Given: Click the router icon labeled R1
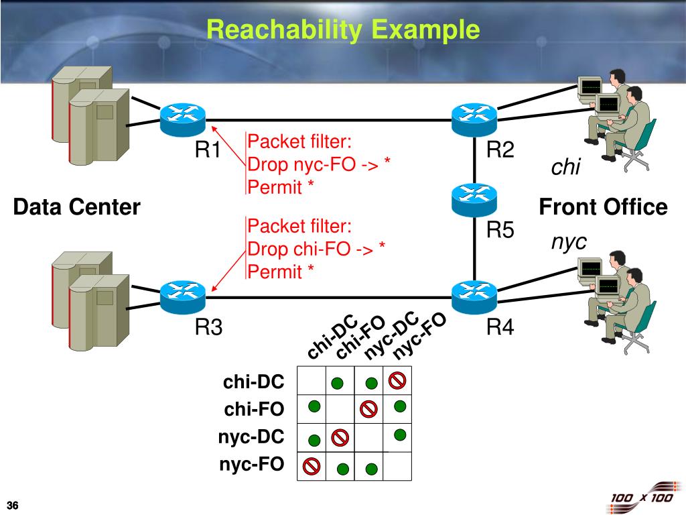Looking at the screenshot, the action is pyautogui.click(x=182, y=120).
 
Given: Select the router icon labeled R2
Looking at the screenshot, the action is pyautogui.click(x=474, y=120).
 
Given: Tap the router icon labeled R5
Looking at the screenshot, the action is pyautogui.click(x=474, y=200).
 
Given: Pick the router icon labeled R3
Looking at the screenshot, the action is pyautogui.click(x=182, y=297).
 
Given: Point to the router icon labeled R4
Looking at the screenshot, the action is pyautogui.click(x=474, y=297).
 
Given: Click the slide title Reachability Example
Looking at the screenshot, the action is pyautogui.click(x=343, y=30).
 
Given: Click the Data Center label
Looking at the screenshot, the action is pyautogui.click(x=76, y=207).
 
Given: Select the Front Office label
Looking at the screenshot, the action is pyautogui.click(x=604, y=207).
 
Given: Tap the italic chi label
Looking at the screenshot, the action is pyautogui.click(x=565, y=167).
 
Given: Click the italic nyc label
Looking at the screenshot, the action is pyautogui.click(x=569, y=242).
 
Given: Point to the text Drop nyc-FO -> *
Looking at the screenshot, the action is pyautogui.click(x=318, y=164).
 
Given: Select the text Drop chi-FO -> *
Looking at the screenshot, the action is pyautogui.click(x=316, y=249).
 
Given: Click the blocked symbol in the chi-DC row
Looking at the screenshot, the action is pyautogui.click(x=397, y=381).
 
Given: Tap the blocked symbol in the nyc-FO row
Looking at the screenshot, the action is pyautogui.click(x=312, y=465).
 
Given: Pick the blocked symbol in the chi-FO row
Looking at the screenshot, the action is pyautogui.click(x=368, y=409).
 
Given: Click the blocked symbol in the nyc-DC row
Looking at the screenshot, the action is pyautogui.click(x=340, y=437).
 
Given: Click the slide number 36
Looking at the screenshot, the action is pyautogui.click(x=13, y=505).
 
